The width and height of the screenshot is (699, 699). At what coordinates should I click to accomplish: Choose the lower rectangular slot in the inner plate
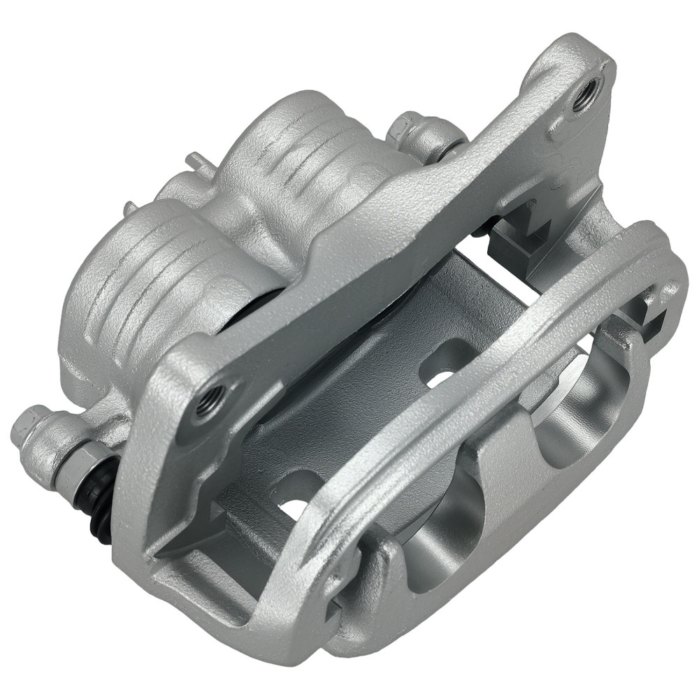pos(297,493)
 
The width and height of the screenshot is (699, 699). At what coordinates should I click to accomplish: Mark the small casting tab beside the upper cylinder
pos(198,162)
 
